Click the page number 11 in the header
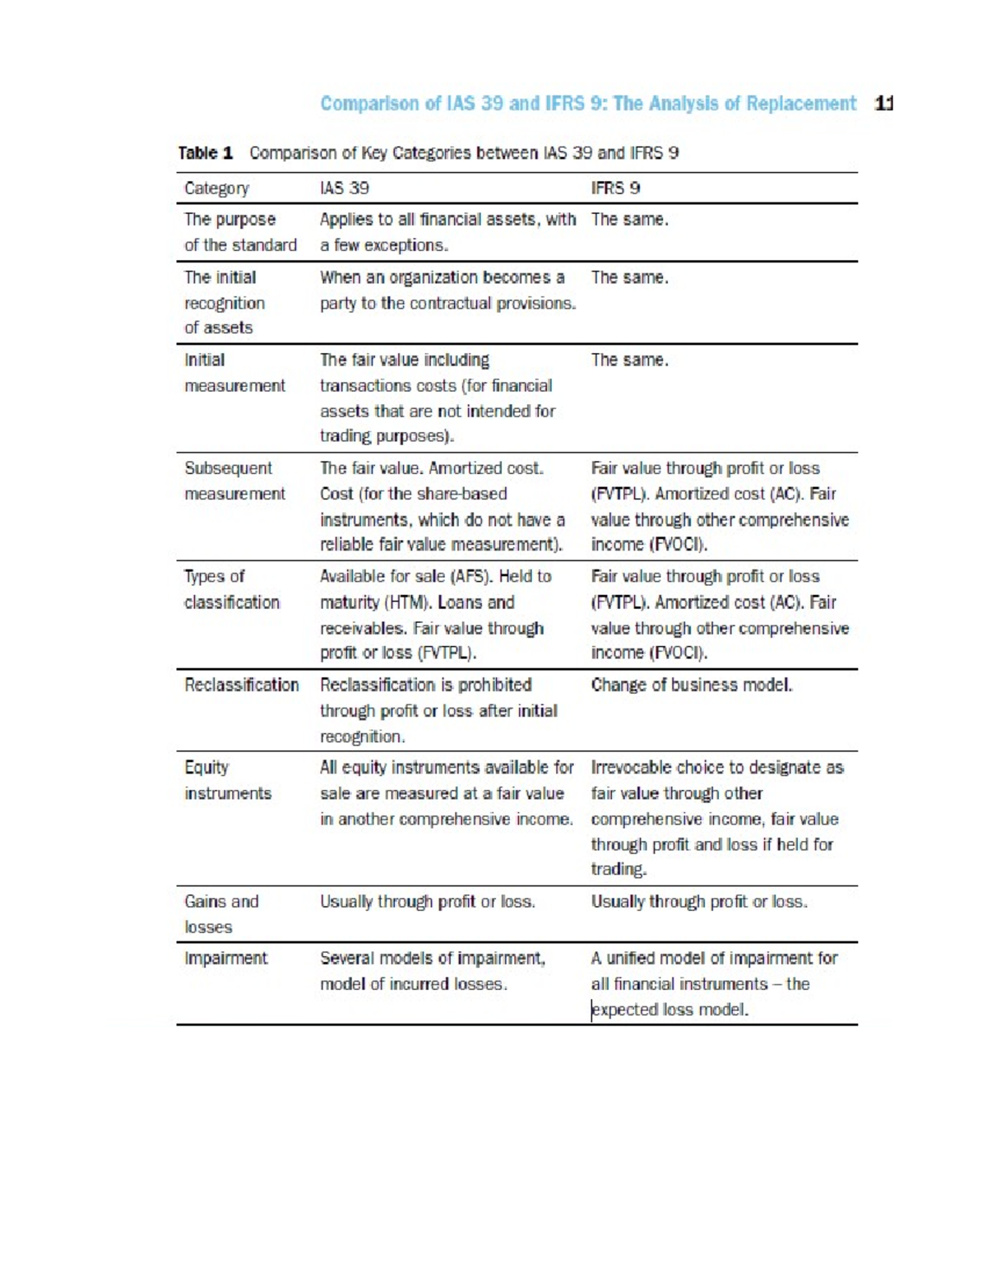pyautogui.click(x=884, y=104)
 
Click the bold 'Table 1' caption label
pyautogui.click(x=206, y=153)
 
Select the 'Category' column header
pyautogui.click(x=216, y=188)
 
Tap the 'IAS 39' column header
pyautogui.click(x=344, y=188)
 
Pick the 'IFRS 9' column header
pyautogui.click(x=615, y=188)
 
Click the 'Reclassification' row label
pyautogui.click(x=241, y=685)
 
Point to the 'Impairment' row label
pyautogui.click(x=225, y=958)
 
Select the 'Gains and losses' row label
pyautogui.click(x=220, y=913)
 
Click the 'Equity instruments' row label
pyautogui.click(x=227, y=780)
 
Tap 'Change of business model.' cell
pyautogui.click(x=691, y=685)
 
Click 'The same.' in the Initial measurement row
pyautogui.click(x=629, y=360)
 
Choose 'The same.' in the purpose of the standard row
pyautogui.click(x=629, y=220)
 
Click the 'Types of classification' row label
pyautogui.click(x=231, y=589)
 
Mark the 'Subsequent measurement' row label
pyautogui.click(x=234, y=481)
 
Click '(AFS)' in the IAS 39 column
pyautogui.click(x=466, y=576)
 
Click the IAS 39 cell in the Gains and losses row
pyautogui.click(x=427, y=902)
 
